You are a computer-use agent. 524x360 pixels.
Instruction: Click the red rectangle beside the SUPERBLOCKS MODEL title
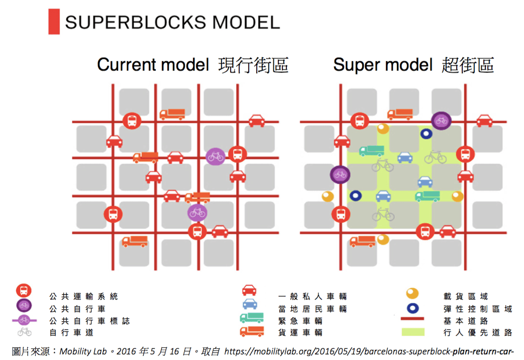click(54, 22)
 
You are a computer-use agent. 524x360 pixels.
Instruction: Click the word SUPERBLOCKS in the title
click(135, 23)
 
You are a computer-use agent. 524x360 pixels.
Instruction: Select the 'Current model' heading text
click(153, 64)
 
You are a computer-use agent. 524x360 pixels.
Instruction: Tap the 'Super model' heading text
click(383, 64)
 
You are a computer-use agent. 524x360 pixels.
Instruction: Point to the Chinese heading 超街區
click(468, 65)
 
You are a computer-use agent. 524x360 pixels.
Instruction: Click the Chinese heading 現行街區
click(253, 65)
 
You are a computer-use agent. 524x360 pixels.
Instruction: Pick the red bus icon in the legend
click(24, 291)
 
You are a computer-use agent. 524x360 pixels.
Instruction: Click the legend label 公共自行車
click(77, 309)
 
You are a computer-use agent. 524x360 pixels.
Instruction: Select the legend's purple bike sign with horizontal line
click(24, 320)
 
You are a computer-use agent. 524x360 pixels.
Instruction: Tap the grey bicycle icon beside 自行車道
click(25, 331)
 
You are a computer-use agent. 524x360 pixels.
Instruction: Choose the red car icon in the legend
click(249, 290)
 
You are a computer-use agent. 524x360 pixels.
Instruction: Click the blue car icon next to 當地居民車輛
click(250, 304)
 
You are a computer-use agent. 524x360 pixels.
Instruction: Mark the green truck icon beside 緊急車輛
click(252, 318)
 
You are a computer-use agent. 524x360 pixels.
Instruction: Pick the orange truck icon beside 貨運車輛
click(252, 331)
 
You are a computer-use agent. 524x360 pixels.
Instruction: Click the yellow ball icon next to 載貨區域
click(412, 293)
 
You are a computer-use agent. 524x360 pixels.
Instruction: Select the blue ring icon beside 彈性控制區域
click(412, 308)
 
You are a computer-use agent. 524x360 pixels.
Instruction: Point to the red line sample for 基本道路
click(412, 319)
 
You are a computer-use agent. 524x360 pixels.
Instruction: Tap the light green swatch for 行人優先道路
click(413, 332)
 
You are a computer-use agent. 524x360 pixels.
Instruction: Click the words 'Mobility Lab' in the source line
click(83, 351)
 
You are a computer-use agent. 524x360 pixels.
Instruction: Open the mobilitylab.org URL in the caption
click(369, 351)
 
